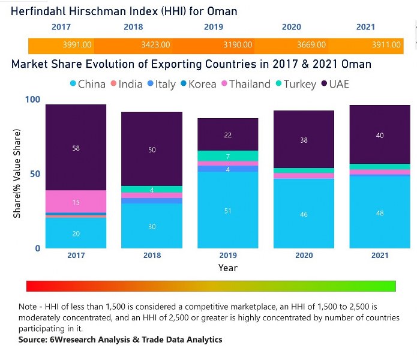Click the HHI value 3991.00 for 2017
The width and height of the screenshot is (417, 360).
(76, 45)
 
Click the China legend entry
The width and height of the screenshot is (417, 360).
(88, 84)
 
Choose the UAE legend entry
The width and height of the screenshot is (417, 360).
(335, 84)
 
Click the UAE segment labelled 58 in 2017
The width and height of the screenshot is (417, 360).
(76, 147)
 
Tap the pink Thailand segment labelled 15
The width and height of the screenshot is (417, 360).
(76, 202)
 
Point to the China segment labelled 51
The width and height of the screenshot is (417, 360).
(228, 211)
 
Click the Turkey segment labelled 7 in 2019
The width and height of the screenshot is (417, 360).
(228, 156)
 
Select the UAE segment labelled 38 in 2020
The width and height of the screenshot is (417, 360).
(304, 139)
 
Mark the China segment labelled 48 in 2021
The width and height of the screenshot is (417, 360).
(380, 213)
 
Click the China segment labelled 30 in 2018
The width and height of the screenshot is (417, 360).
(152, 226)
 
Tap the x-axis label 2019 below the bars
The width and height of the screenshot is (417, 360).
(228, 256)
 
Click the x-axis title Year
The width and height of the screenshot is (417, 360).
(228, 268)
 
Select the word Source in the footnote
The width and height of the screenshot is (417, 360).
(34, 340)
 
